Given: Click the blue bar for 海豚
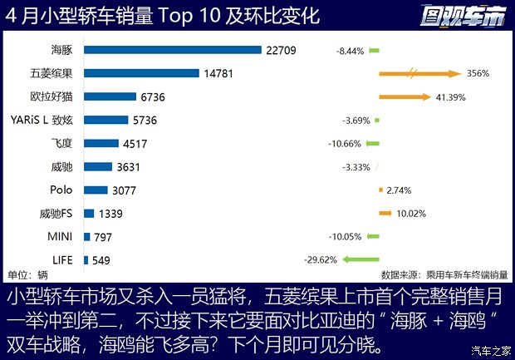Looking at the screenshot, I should (x=173, y=50).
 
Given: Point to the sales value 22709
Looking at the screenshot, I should (x=282, y=50).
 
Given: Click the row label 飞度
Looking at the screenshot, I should (x=61, y=143).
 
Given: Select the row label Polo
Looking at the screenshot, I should (x=61, y=190).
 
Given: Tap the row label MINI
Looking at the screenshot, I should (x=61, y=236).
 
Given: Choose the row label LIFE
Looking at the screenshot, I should (x=63, y=259).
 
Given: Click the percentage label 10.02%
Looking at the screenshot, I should (x=411, y=214).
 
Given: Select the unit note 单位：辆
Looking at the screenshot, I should (x=27, y=274).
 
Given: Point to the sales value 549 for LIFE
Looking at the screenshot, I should (x=101, y=259).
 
